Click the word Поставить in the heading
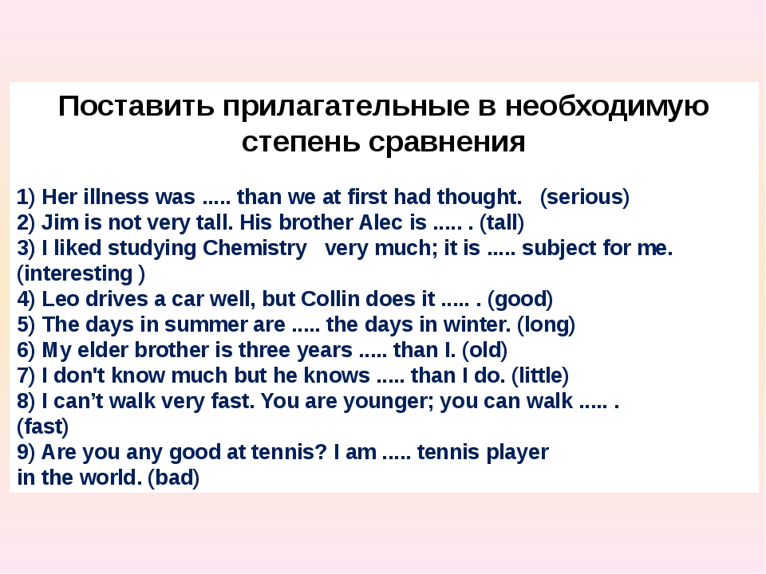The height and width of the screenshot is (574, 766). [136, 106]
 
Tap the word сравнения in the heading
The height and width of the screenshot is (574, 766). [447, 142]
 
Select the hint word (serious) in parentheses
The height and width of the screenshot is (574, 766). [584, 197]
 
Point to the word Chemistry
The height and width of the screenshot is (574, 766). [255, 249]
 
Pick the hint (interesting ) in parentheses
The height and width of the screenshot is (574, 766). [81, 273]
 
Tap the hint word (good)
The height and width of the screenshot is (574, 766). [519, 299]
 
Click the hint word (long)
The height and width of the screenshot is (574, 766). [546, 325]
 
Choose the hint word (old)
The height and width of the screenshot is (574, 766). [484, 350]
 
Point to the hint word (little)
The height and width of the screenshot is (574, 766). [540, 375]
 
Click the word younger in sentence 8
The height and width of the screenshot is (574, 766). [389, 402]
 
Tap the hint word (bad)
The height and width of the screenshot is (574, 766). [173, 478]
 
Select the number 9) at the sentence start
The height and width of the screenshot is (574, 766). [26, 452]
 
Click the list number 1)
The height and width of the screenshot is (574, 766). [26, 197]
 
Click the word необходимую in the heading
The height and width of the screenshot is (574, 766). [606, 106]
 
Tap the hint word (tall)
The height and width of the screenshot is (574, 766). [502, 222]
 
